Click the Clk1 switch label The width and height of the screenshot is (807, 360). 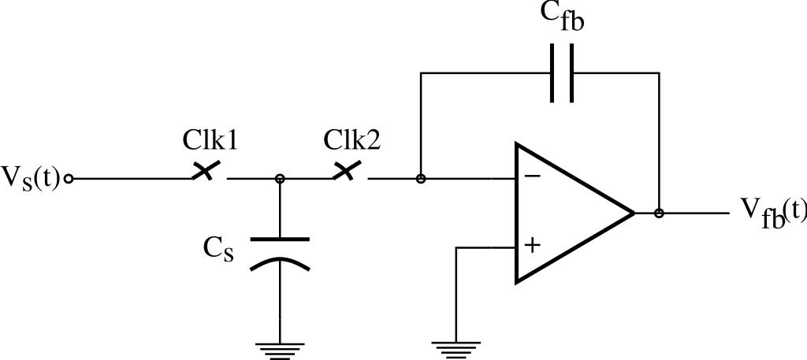coord(211,140)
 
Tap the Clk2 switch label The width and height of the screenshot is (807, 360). coord(351,140)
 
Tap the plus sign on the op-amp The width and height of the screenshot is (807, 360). coord(533,246)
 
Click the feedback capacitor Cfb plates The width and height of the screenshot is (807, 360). coord(562,73)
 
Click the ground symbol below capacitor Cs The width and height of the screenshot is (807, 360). coord(280,347)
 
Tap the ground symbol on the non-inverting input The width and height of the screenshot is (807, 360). coord(456,347)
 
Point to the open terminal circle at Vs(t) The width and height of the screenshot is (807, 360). coord(69,179)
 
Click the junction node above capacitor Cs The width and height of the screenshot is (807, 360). coord(280,179)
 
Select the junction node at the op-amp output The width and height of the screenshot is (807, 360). coord(659,213)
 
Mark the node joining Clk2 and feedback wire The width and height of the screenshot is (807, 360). coord(421,179)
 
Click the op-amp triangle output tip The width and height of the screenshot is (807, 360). coord(634,213)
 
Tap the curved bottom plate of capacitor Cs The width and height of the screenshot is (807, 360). coord(280,263)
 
